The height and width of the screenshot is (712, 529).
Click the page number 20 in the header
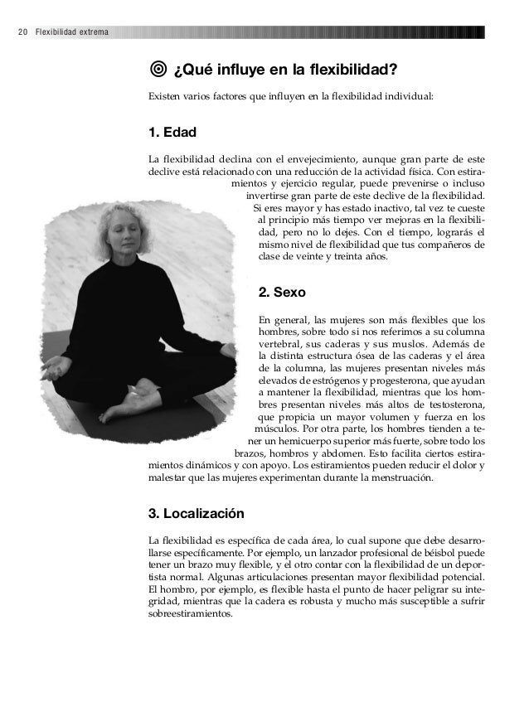pos(22,33)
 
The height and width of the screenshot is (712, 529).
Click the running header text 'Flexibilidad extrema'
pos(66,33)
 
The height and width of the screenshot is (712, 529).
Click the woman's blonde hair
pos(108,217)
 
